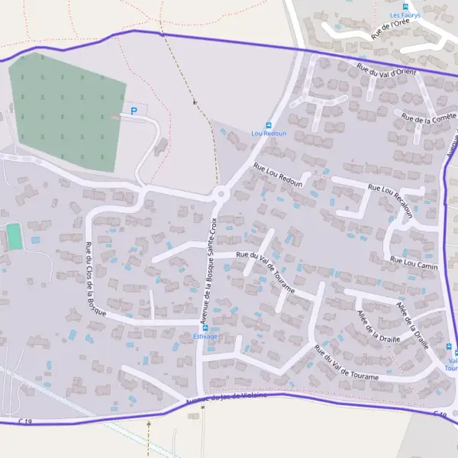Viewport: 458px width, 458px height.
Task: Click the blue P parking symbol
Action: click(134, 111)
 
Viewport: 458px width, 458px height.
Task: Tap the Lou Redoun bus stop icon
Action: click(268, 125)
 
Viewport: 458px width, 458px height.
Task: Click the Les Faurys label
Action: click(405, 15)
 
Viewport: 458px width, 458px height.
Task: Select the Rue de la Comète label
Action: click(428, 118)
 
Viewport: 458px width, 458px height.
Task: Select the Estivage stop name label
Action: click(205, 336)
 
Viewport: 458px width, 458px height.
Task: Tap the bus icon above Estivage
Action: click(205, 327)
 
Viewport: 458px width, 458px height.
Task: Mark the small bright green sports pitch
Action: click(14, 236)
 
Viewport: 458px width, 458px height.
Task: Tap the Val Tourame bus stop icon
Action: click(456, 352)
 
